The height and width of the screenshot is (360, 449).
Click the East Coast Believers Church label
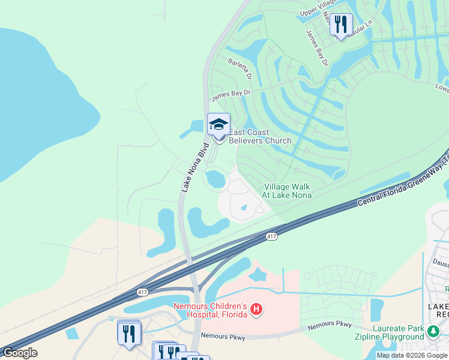pyautogui.click(x=260, y=136)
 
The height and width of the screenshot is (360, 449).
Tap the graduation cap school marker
pyautogui.click(x=218, y=125)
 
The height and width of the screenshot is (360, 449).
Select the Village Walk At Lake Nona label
pyautogui.click(x=286, y=191)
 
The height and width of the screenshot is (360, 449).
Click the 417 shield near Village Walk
pyautogui.click(x=271, y=237)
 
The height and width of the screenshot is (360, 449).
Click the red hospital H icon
pyautogui.click(x=256, y=310)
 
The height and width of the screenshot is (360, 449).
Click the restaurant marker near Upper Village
pyautogui.click(x=341, y=25)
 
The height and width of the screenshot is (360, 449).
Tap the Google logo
pyautogui.click(x=20, y=352)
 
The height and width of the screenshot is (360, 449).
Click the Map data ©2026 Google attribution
pyautogui.click(x=412, y=355)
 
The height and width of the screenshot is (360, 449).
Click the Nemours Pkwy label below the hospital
pyautogui.click(x=223, y=337)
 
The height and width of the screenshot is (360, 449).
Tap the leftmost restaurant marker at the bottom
pyautogui.click(x=129, y=333)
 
